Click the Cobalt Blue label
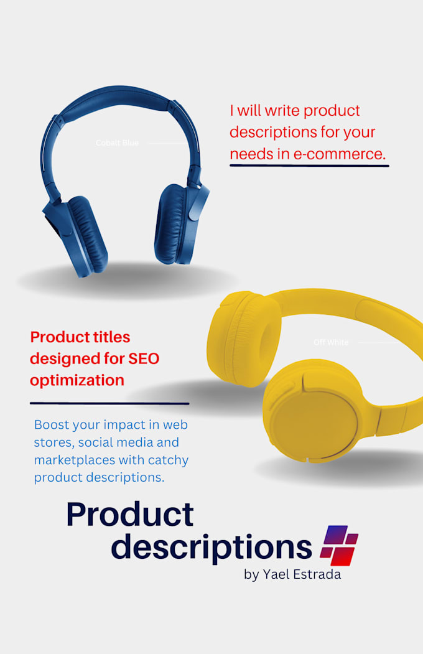point(117,143)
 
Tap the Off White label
point(331,342)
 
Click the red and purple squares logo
point(339,545)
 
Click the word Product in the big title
point(130,515)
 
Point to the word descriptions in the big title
point(211,546)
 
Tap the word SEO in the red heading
point(147,358)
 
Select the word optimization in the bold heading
point(77,380)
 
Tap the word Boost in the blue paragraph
point(52,425)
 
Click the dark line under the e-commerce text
point(309,166)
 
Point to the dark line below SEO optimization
point(109,404)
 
